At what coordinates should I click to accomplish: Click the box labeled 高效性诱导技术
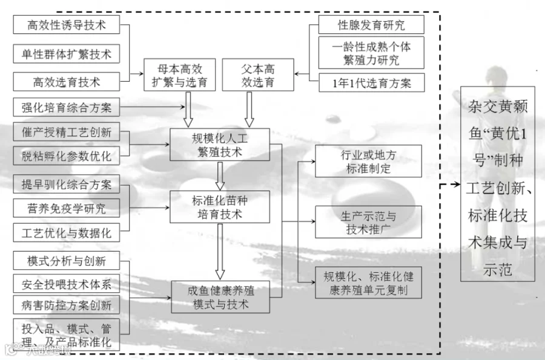tap(67, 25)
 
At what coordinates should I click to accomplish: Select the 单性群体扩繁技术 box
tap(67, 54)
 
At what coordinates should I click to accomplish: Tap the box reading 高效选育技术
tap(67, 82)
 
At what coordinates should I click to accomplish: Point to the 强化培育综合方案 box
tap(67, 107)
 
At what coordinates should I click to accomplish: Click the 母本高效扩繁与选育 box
tap(180, 75)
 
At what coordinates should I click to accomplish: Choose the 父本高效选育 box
tap(258, 75)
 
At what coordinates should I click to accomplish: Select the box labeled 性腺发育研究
tap(371, 25)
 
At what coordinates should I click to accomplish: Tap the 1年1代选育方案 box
tap(372, 83)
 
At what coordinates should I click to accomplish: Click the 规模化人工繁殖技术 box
tap(220, 145)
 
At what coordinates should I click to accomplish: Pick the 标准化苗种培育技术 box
tap(220, 207)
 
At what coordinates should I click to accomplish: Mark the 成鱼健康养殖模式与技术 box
tap(220, 297)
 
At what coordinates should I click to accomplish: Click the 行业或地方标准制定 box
tap(368, 162)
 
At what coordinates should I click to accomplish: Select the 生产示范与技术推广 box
tap(368, 222)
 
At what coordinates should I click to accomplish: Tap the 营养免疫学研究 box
tap(67, 208)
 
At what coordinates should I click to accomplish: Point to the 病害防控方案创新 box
tap(67, 305)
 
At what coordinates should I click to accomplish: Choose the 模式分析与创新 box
tap(67, 261)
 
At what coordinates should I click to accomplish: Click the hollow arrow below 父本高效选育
tap(249, 110)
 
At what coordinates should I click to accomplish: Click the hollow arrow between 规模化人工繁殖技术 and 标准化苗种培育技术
tap(220, 176)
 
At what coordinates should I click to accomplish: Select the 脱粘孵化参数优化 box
tap(67, 156)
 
